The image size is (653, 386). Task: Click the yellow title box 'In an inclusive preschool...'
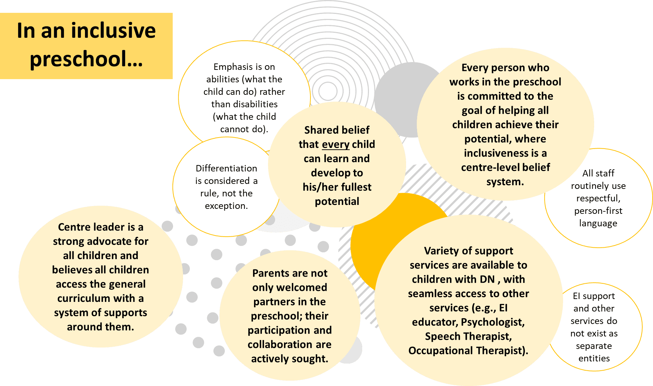pos(86,46)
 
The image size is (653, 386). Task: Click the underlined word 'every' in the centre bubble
pos(335,144)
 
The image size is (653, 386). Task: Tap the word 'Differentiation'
pos(226,168)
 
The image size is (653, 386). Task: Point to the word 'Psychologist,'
pos(493,322)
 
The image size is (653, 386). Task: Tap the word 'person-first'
pos(598,211)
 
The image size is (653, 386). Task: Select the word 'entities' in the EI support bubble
pos(594,358)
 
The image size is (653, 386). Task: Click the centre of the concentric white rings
pos(328,91)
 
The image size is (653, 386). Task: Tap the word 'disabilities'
pos(244,104)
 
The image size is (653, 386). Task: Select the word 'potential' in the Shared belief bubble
pos(337,201)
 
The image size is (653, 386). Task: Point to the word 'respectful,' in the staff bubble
pos(598,198)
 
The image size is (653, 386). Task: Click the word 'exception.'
pos(226,206)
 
